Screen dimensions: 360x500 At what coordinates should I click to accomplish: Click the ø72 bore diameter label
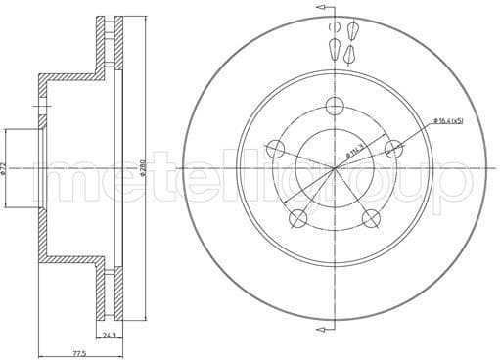pyautogui.click(x=7, y=168)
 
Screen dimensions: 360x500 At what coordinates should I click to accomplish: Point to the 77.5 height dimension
pyautogui.click(x=66, y=352)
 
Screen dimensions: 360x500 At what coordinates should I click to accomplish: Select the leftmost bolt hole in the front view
pyautogui.click(x=276, y=150)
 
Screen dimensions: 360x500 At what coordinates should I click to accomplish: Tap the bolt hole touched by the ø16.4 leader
pyautogui.click(x=394, y=149)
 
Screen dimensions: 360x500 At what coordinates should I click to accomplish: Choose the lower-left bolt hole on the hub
pyautogui.click(x=298, y=219)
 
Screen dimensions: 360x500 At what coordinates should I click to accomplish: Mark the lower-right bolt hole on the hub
pyautogui.click(x=372, y=219)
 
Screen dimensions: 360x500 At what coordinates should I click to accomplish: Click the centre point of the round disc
pyautogui.click(x=336, y=169)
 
